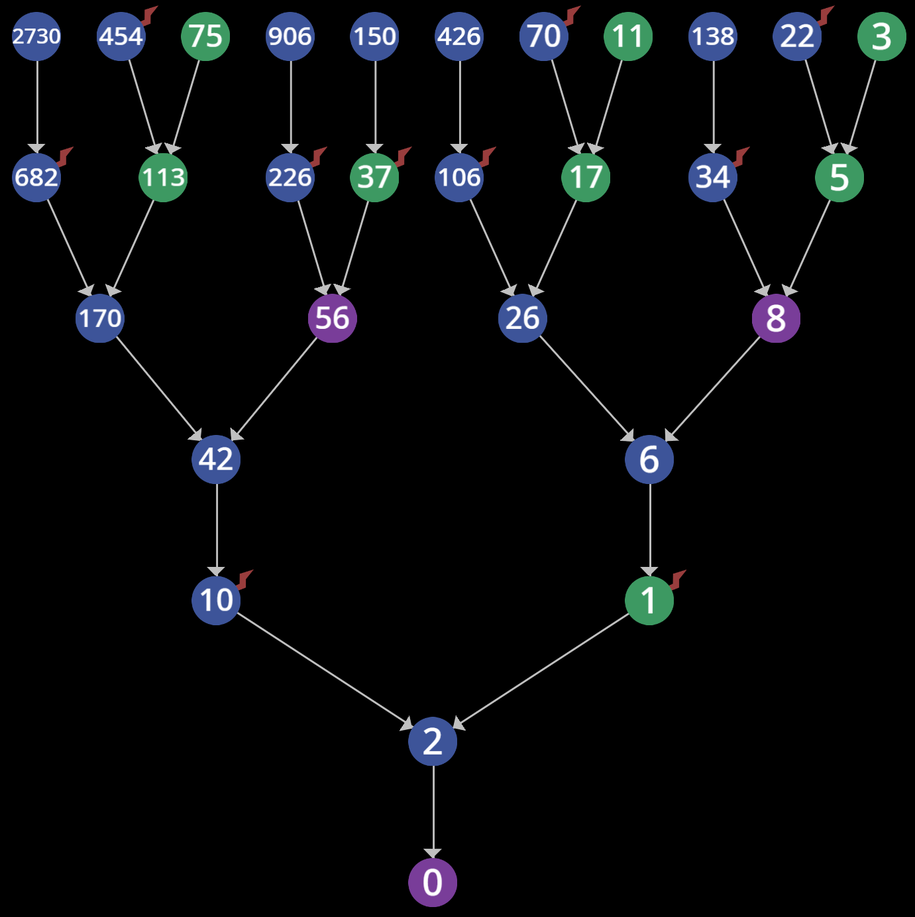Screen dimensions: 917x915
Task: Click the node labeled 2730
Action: (36, 36)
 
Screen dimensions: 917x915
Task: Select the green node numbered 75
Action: (205, 36)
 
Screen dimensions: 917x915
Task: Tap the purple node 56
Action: (332, 318)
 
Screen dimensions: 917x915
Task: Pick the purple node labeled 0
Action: (433, 883)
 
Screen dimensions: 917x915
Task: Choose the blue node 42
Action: (216, 459)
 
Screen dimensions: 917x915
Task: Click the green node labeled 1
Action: (649, 601)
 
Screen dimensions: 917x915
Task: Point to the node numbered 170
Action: (100, 318)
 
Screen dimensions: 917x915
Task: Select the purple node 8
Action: (776, 318)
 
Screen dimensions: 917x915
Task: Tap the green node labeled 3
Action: (881, 36)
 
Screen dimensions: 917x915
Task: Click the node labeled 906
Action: (290, 36)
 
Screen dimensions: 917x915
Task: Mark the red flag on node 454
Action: (150, 15)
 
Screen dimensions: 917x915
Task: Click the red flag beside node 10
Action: (245, 579)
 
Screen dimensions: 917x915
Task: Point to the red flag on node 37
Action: (403, 156)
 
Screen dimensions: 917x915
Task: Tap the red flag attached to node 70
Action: (572, 15)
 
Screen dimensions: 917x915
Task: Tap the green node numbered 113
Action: (163, 177)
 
